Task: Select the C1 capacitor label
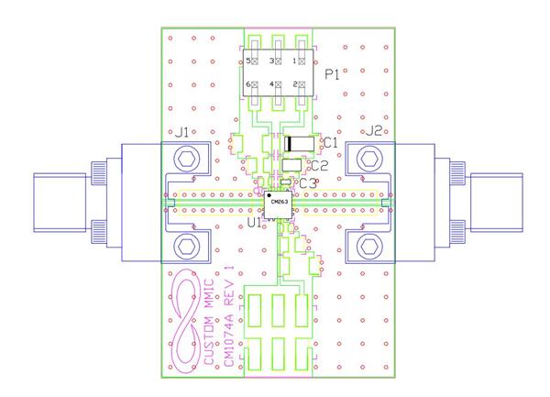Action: pos(331,143)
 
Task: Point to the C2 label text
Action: pos(319,166)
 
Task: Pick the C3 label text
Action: pos(308,183)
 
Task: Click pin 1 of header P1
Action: pos(301,61)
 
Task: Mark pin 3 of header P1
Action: pos(278,61)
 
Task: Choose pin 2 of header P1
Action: pos(301,85)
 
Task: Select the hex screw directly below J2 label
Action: pos(369,160)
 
